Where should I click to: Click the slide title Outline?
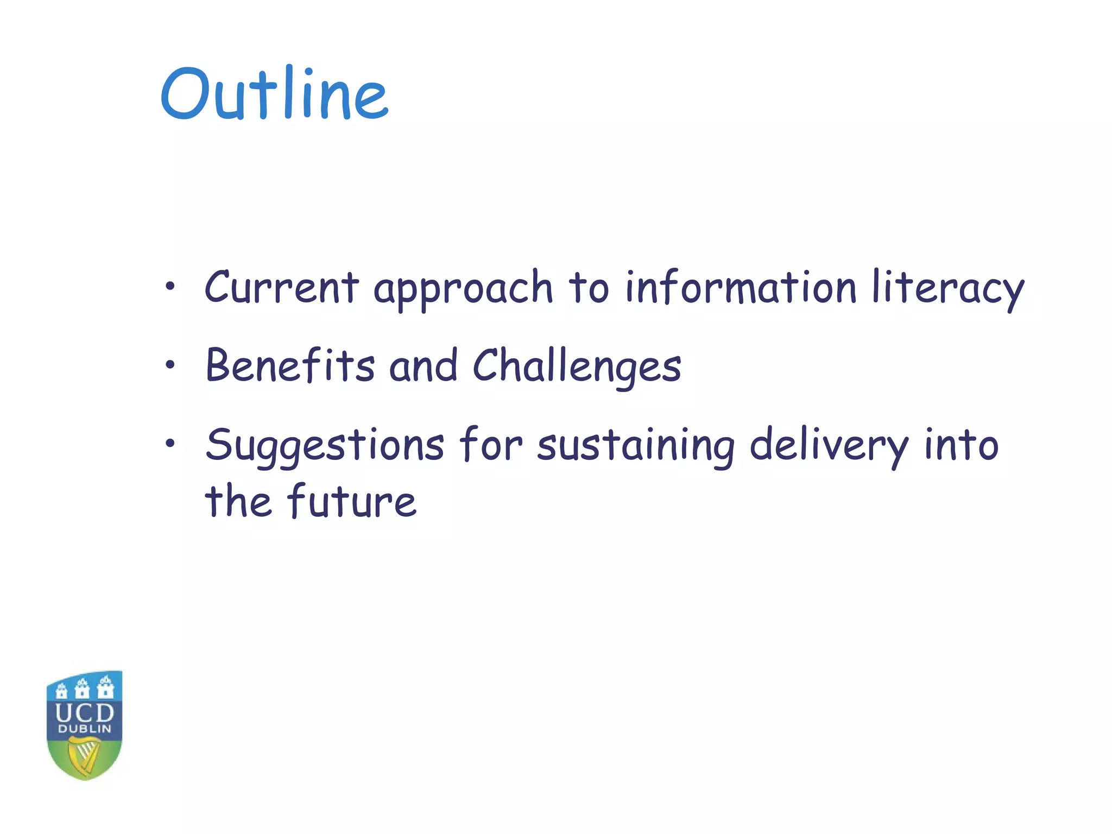274,93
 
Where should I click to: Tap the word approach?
463,289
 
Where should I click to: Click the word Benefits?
290,365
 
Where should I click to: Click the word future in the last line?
352,501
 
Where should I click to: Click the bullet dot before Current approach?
170,286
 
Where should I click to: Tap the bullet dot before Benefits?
170,364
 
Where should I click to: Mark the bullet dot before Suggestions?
170,444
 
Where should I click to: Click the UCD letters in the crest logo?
85,712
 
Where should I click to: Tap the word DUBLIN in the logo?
85,729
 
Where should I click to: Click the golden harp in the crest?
85,756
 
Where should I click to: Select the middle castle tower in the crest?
83,688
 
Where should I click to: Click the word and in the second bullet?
423,365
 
